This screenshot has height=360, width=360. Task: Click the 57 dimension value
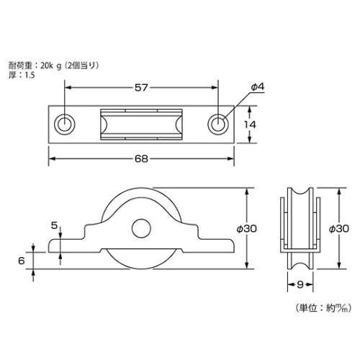tap(141, 88)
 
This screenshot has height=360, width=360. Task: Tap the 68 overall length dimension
tap(141, 158)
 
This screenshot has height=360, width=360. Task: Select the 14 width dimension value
tap(250, 125)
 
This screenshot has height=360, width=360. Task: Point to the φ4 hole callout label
tap(258, 87)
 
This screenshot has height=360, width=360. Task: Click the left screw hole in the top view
tap(65, 125)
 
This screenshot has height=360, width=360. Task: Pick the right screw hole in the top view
tap(218, 125)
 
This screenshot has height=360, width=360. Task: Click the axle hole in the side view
tap(141, 228)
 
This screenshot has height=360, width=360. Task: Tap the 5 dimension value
tap(55, 225)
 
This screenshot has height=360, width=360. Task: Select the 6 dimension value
tap(22, 261)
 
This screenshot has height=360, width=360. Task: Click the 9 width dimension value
tap(300, 284)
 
